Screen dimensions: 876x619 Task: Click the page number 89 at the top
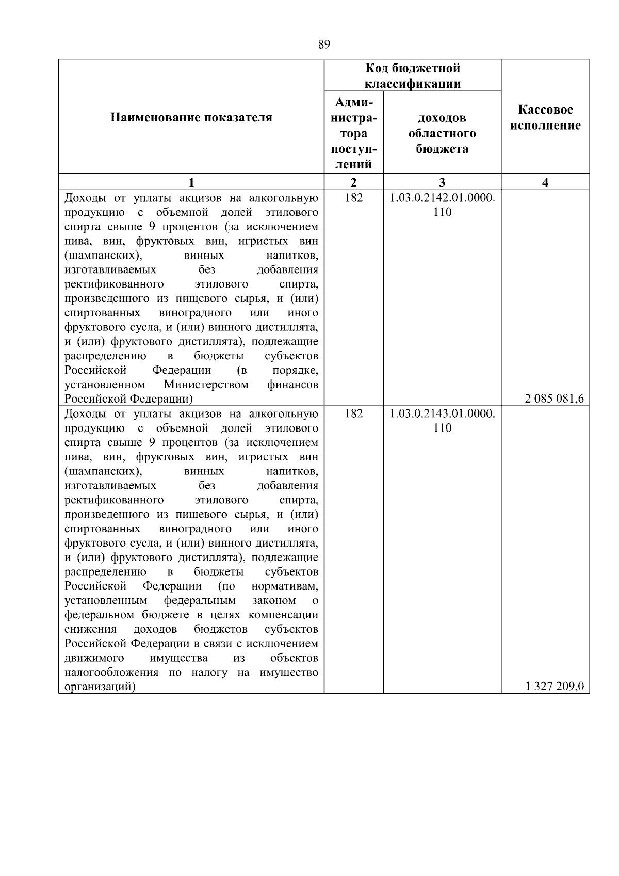click(324, 44)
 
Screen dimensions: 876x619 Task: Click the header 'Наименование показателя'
click(191, 118)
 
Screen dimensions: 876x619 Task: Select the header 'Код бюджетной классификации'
click(413, 76)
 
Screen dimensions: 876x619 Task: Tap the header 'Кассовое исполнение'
click(545, 118)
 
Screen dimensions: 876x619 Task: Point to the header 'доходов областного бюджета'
click(442, 133)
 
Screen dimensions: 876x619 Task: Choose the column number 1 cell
click(191, 182)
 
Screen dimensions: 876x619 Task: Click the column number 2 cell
click(353, 182)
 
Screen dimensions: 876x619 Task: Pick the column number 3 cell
click(442, 182)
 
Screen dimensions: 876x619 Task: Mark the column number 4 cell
click(545, 182)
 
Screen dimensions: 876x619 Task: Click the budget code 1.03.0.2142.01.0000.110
click(442, 204)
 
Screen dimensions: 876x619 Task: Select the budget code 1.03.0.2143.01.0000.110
click(442, 420)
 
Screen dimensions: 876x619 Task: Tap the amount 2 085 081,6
click(555, 399)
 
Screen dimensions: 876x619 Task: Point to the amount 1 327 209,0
click(555, 687)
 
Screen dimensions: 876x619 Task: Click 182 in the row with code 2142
click(353, 198)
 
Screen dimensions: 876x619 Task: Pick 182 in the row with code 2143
click(353, 413)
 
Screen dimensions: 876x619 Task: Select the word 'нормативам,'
click(285, 586)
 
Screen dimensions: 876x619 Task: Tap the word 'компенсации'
click(283, 615)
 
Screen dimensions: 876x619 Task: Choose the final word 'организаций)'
click(100, 687)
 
